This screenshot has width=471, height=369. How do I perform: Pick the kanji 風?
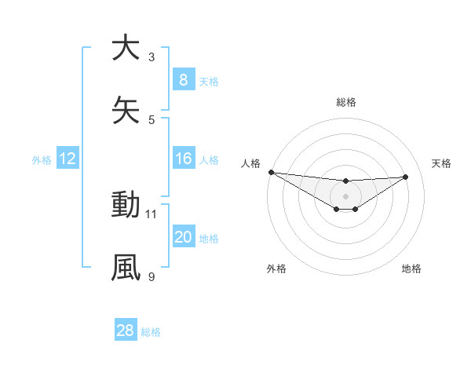126,267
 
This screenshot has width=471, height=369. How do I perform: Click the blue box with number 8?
183,80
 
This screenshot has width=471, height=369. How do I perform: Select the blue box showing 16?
183,159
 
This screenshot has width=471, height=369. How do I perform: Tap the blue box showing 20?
183,238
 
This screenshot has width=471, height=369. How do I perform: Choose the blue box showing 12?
68,159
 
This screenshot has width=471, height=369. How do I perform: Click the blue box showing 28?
126,331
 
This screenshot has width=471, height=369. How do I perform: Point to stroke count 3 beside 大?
152,57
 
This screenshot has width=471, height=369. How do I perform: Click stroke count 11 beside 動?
152,214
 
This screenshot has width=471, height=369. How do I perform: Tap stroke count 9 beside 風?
152,276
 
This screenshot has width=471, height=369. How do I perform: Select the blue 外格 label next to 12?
42,160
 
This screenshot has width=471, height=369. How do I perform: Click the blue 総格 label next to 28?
151,331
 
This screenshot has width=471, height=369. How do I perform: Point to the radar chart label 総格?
346,102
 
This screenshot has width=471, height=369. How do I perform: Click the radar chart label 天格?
441,163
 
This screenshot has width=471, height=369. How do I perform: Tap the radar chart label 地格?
411,269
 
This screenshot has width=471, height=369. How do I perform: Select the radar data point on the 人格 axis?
271,172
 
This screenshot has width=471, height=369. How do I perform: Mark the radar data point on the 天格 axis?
405,177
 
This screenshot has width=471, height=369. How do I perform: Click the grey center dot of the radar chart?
345,196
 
